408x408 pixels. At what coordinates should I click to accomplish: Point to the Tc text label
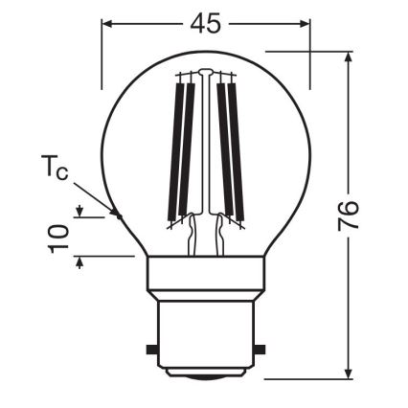[x=56, y=171]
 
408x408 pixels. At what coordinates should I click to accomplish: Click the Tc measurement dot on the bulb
[x=118, y=215]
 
